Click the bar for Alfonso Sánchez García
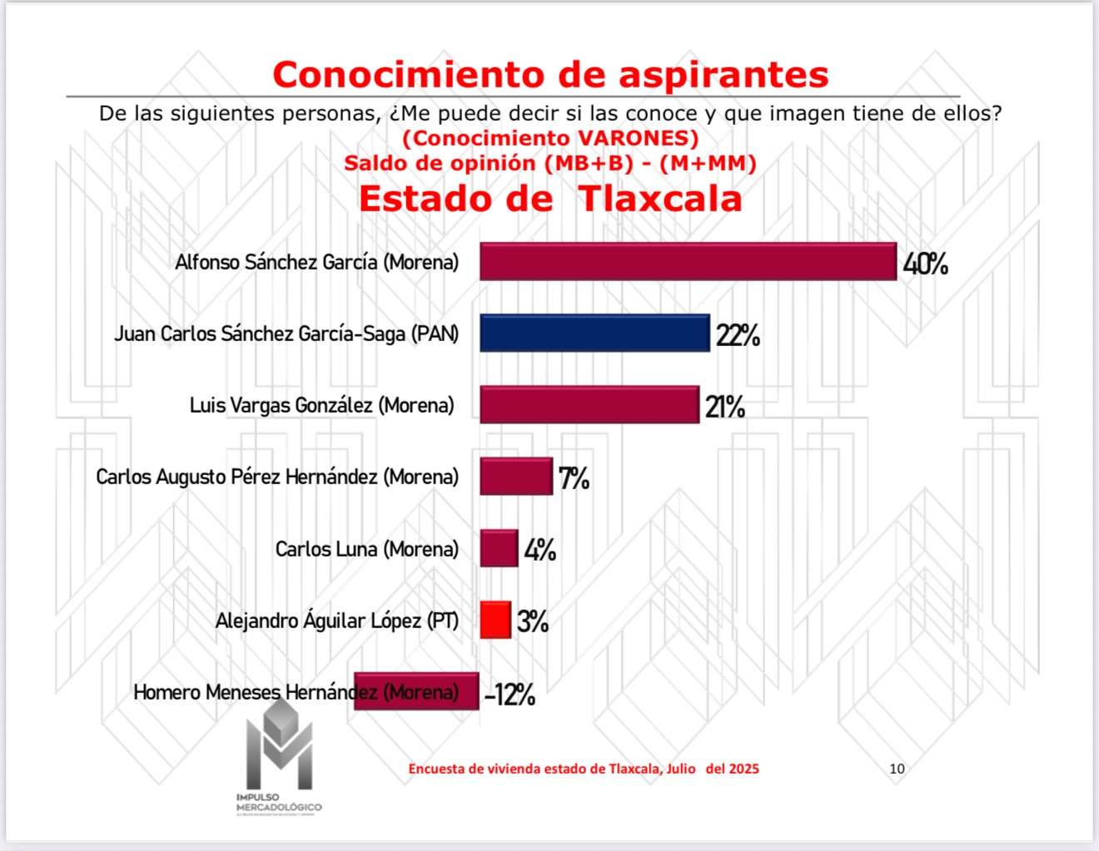click(x=688, y=261)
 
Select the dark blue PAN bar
click(x=594, y=333)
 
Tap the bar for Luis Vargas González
click(x=589, y=404)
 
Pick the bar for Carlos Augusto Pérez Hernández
click(x=515, y=477)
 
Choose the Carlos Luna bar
click(x=498, y=548)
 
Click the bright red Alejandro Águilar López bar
click(x=495, y=620)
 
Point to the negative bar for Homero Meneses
click(x=416, y=691)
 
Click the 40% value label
click(x=925, y=265)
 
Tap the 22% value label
click(x=738, y=336)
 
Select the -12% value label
click(x=510, y=695)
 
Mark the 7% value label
click(x=574, y=479)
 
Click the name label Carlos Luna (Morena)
click(x=367, y=549)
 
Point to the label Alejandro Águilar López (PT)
click(x=337, y=621)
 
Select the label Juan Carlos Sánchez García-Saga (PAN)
click(x=286, y=334)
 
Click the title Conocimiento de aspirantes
click(x=550, y=74)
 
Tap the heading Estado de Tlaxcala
click(x=550, y=199)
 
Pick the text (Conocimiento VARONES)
click(x=550, y=138)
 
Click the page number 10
click(x=897, y=769)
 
